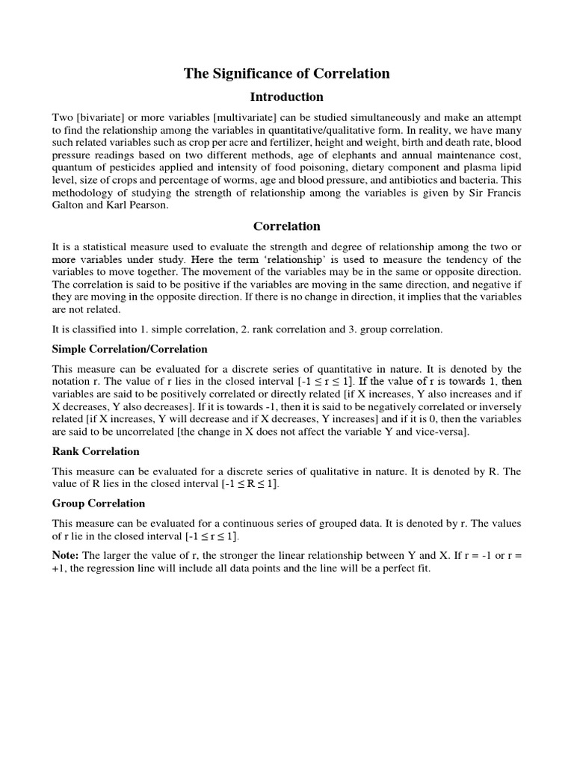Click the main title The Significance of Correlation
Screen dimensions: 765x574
(x=287, y=73)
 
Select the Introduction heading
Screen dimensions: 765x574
(x=287, y=97)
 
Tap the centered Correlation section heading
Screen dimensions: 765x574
(x=287, y=226)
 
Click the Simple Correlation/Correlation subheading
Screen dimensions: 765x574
(x=129, y=349)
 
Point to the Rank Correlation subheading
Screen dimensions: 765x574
(x=96, y=451)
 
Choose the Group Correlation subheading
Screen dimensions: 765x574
(x=99, y=503)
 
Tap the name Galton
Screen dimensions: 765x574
(x=69, y=205)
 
